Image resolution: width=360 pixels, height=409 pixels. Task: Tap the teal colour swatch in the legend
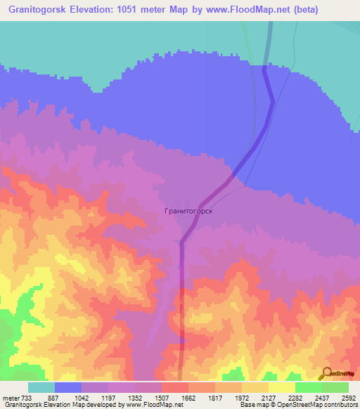(x=41, y=387)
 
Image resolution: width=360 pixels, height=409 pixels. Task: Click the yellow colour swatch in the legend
(x=281, y=387)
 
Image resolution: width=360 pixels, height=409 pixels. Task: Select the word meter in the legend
(x=11, y=397)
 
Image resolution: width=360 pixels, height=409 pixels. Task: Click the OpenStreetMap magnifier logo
(x=326, y=374)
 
